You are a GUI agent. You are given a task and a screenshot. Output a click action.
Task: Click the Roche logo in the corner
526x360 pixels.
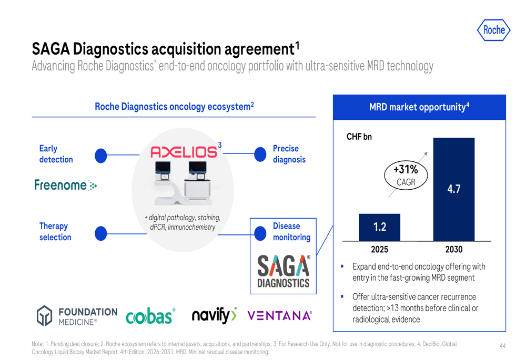(x=493, y=30)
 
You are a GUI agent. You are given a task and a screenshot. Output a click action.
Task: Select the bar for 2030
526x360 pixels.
(x=454, y=189)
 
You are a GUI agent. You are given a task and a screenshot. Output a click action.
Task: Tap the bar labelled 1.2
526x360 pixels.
(x=379, y=227)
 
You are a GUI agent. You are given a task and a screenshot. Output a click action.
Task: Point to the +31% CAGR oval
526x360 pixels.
(x=406, y=175)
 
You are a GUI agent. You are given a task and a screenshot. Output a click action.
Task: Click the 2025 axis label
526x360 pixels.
(x=379, y=250)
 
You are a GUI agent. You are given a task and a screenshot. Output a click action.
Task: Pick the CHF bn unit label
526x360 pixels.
(x=359, y=137)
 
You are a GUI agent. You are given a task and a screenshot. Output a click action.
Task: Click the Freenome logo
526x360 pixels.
(x=65, y=185)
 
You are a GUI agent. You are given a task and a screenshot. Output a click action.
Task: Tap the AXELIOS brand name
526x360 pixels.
(x=184, y=152)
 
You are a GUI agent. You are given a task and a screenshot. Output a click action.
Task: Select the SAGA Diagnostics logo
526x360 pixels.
(x=284, y=272)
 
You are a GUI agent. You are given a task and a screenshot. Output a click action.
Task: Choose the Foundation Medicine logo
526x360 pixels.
(x=77, y=316)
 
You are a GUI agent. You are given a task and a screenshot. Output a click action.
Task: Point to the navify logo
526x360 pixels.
(x=214, y=315)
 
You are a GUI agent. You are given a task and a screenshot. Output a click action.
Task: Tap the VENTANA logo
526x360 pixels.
(x=279, y=316)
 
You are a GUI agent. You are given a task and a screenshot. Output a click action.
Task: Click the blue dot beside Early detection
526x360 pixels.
(x=100, y=156)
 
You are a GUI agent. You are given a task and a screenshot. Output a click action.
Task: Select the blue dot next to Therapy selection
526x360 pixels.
(x=100, y=233)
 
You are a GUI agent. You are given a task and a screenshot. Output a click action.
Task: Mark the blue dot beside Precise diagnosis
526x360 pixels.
(x=260, y=154)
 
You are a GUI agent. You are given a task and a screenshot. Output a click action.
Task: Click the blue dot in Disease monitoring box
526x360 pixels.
(x=260, y=234)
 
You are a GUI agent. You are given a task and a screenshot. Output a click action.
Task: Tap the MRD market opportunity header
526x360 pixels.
(x=419, y=107)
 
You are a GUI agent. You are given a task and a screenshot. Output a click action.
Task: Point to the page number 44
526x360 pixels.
(x=502, y=346)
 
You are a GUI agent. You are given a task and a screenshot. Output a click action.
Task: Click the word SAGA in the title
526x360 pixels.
(x=50, y=49)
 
